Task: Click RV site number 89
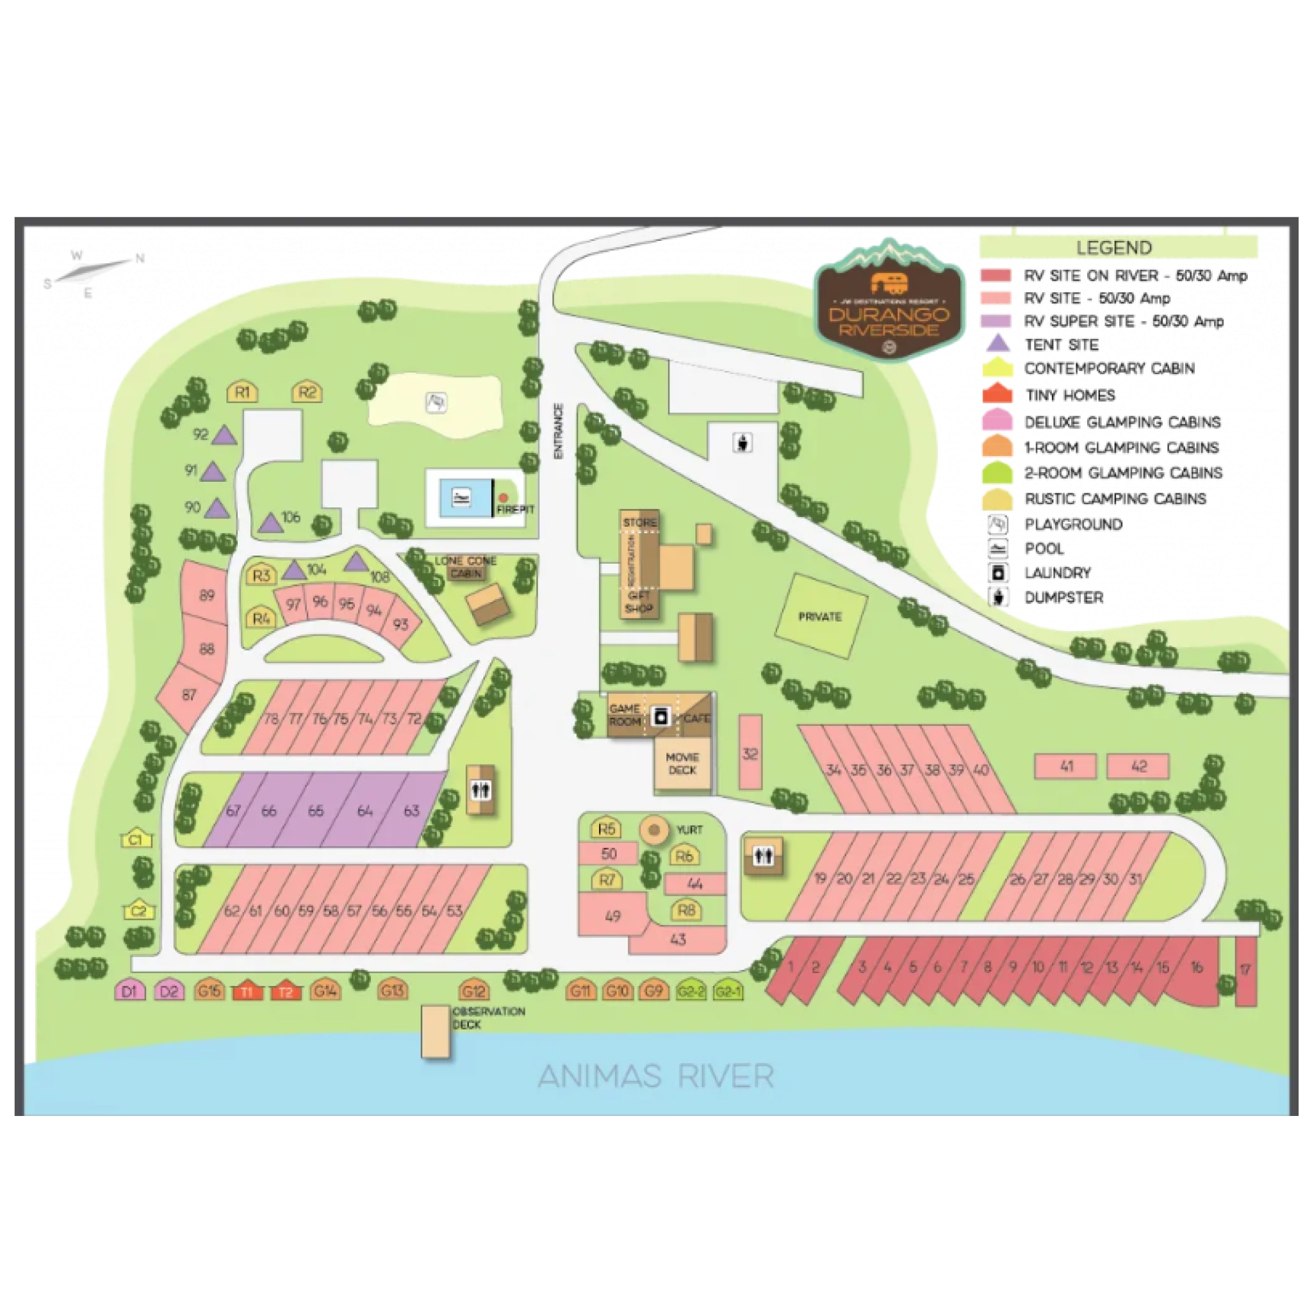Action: tap(206, 596)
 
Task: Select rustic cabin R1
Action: tap(242, 392)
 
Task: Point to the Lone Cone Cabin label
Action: tap(466, 567)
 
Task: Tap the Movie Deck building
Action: tap(682, 763)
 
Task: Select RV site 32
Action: tap(750, 753)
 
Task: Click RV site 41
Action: tap(1065, 766)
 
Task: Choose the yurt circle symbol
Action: tap(654, 830)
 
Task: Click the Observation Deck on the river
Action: tap(435, 1031)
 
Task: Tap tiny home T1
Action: tap(247, 992)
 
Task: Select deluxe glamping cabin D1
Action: tap(129, 991)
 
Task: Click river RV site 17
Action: tap(1245, 971)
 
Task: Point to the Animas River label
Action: tap(656, 1076)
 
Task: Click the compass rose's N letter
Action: tap(140, 258)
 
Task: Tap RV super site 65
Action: tap(316, 811)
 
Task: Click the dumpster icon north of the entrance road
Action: tap(744, 443)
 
